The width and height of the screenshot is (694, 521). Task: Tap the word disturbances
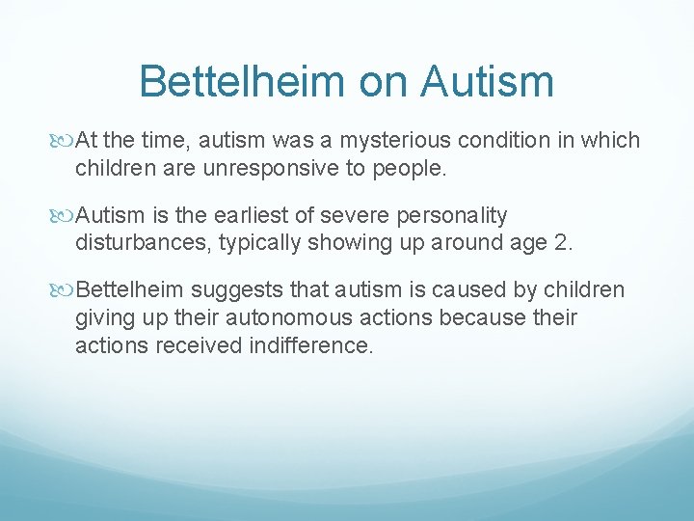pyautogui.click(x=144, y=242)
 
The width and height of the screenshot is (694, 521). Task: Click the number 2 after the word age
pyautogui.click(x=562, y=242)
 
